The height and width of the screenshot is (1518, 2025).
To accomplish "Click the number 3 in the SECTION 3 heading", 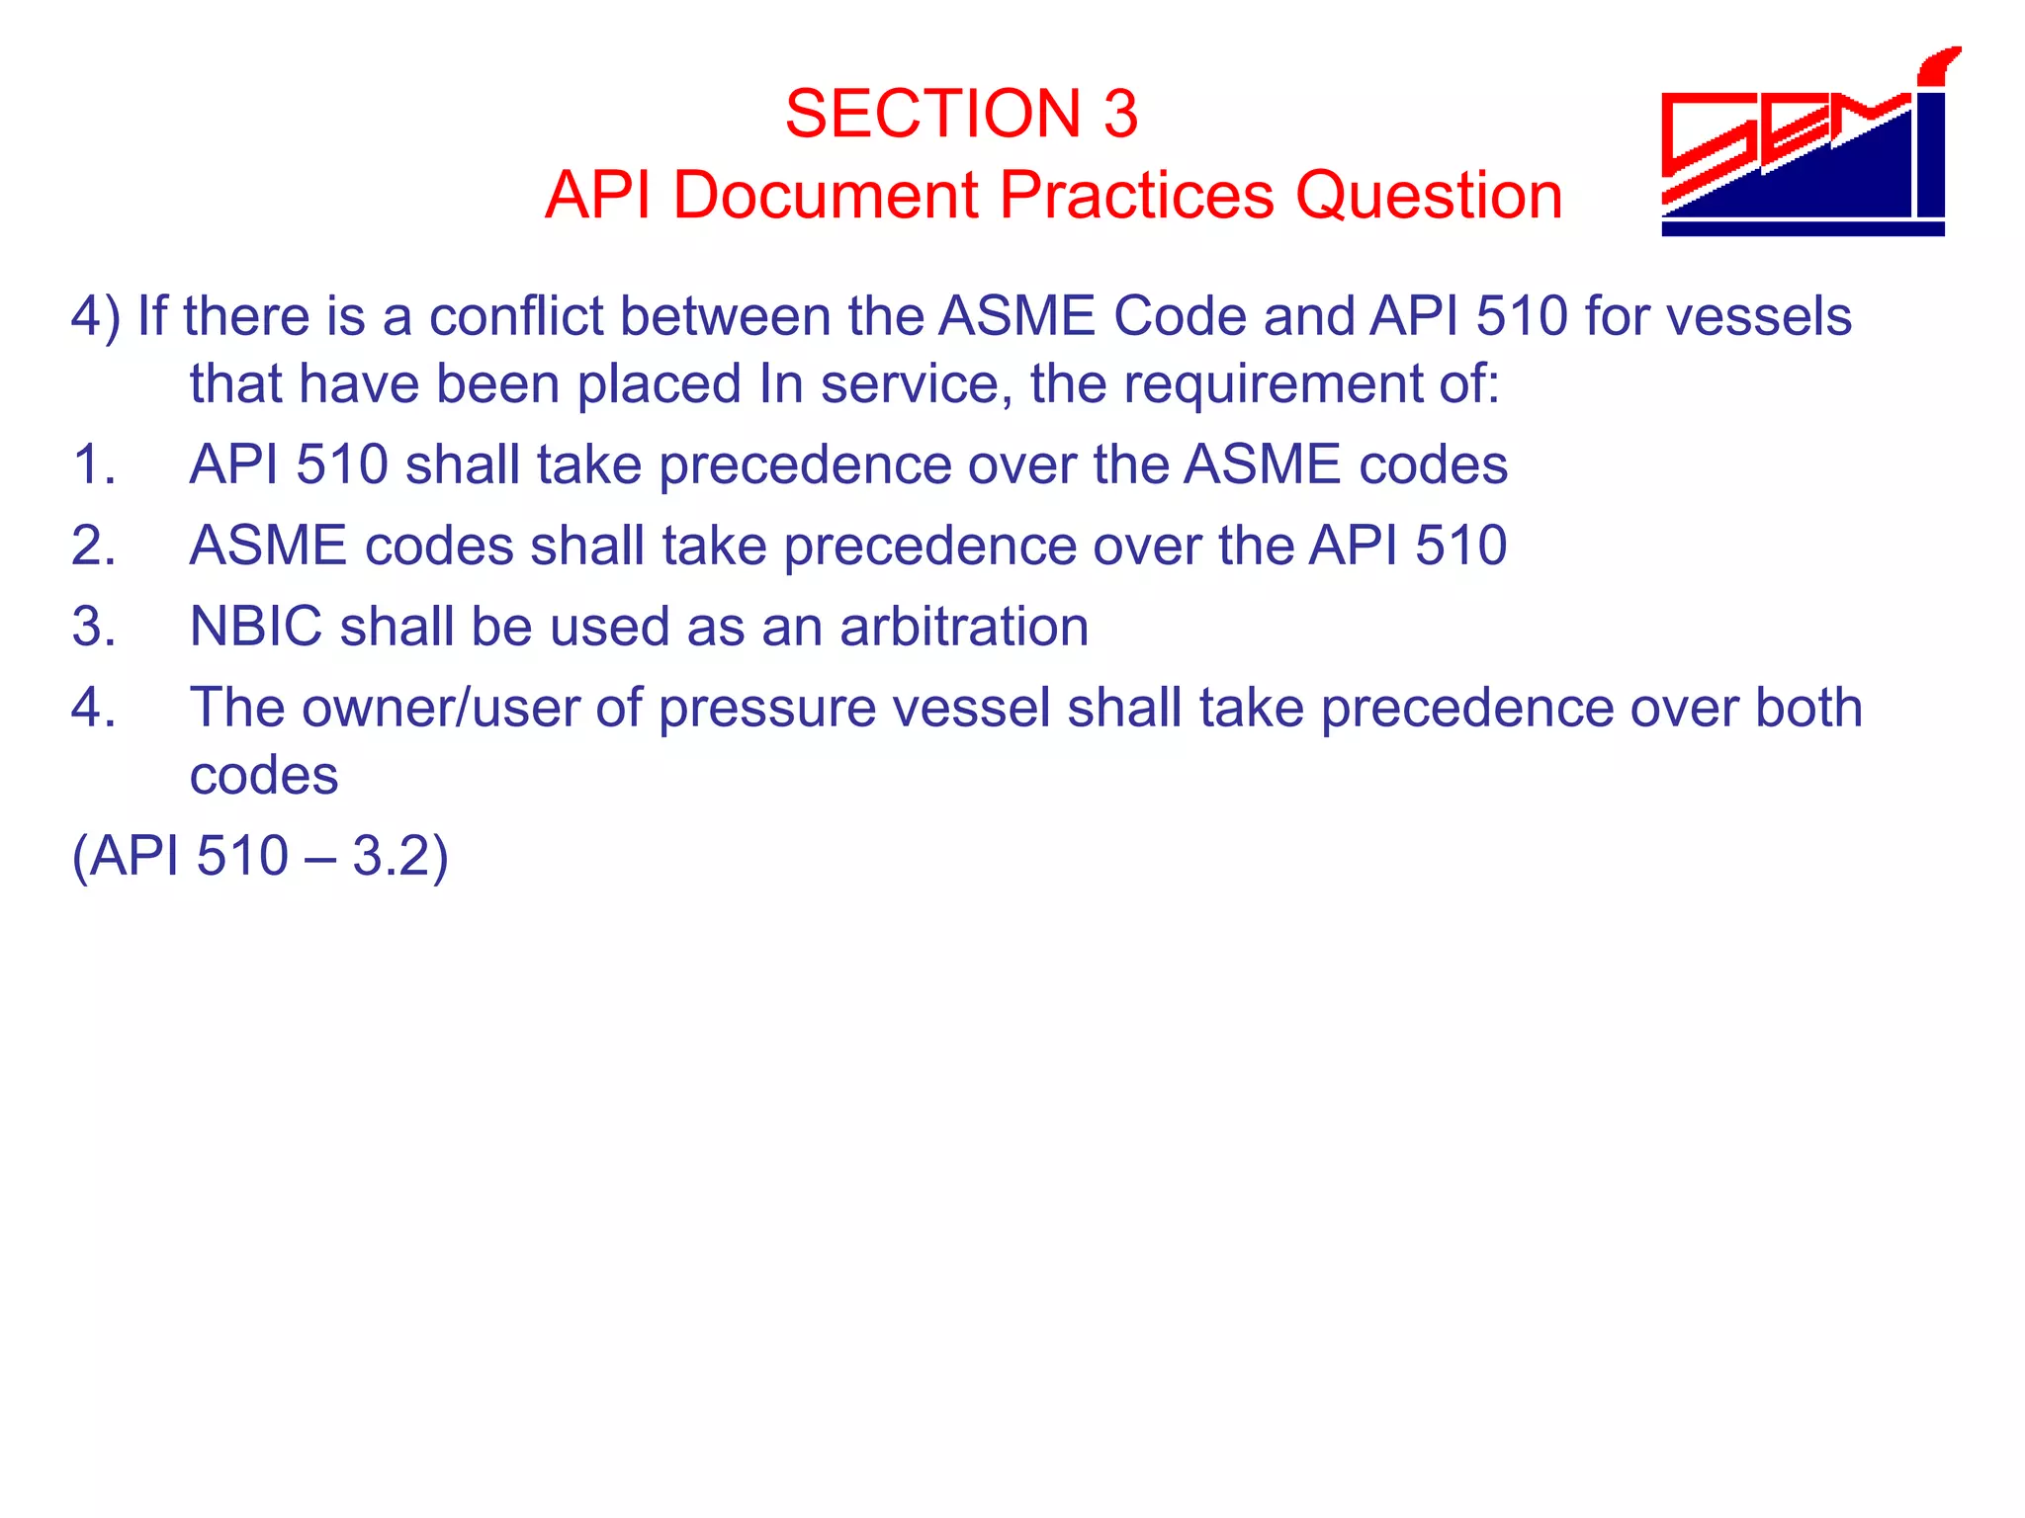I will (x=1120, y=114).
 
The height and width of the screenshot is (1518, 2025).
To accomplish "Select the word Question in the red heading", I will (x=1429, y=195).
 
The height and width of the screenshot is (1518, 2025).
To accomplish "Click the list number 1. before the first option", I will (x=94, y=464).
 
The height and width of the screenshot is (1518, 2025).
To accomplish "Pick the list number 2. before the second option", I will (x=94, y=546).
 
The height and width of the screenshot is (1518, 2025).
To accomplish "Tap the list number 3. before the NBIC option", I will (x=94, y=627).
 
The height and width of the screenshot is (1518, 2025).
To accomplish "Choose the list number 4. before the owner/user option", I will (x=94, y=708).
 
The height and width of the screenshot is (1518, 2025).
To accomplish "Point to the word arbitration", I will (x=964, y=627).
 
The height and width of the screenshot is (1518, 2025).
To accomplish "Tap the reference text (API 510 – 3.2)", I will (x=260, y=856).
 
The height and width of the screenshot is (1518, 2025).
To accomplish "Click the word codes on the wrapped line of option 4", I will (x=263, y=776).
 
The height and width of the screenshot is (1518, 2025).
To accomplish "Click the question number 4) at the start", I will (x=96, y=317).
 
